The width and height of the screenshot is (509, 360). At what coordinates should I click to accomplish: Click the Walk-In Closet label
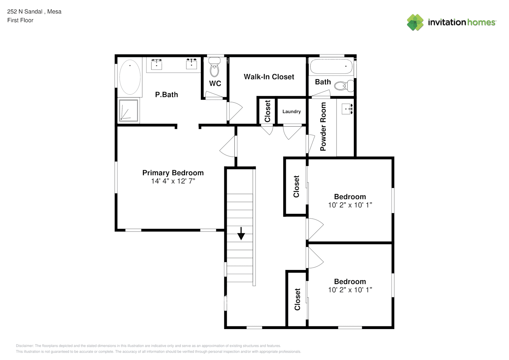click(x=269, y=77)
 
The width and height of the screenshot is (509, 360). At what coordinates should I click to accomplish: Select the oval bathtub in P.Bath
click(x=130, y=77)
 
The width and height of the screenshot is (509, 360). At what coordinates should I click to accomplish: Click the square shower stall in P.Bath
click(x=129, y=110)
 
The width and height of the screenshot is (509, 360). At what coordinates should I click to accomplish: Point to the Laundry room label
click(x=292, y=112)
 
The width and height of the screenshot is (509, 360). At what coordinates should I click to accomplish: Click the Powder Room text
click(x=323, y=127)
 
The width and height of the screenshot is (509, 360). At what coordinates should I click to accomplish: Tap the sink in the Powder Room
click(x=347, y=109)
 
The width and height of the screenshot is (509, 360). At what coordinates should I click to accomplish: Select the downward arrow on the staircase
click(x=241, y=234)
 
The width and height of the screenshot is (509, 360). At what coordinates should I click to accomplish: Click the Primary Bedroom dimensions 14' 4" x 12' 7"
click(x=173, y=181)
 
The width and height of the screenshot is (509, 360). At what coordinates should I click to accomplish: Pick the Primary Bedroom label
click(x=173, y=173)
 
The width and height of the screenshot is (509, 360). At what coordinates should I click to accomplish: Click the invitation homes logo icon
click(x=415, y=22)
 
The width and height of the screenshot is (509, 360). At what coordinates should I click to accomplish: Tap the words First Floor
click(x=20, y=20)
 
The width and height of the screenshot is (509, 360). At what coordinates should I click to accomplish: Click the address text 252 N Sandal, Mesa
click(x=34, y=12)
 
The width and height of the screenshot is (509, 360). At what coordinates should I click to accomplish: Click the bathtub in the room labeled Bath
click(x=331, y=66)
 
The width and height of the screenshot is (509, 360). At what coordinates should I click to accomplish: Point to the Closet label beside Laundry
click(x=267, y=111)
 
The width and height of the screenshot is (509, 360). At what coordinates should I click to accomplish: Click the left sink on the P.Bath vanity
click(x=157, y=64)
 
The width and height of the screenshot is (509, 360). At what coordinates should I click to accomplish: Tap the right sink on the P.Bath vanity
click(x=192, y=64)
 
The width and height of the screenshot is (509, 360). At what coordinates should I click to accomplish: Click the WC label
click(x=215, y=84)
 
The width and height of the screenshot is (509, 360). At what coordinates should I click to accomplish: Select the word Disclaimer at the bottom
click(x=24, y=346)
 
